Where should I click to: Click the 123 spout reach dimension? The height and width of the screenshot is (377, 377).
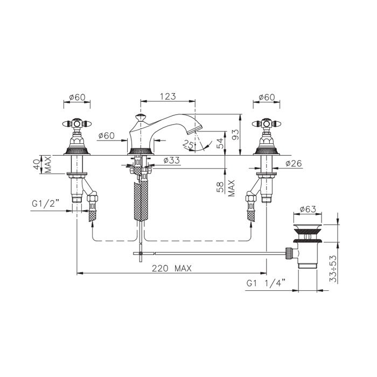point(168,96)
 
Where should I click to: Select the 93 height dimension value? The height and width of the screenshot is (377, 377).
point(236,135)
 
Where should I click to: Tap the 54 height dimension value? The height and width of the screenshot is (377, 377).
point(220,143)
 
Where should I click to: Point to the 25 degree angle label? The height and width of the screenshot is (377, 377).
point(188,145)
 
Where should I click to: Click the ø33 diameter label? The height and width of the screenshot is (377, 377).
point(171,160)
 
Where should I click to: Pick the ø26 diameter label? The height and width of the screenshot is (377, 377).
point(294,164)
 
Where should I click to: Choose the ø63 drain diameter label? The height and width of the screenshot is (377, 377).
point(308,209)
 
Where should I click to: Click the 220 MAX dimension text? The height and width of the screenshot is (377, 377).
point(172,268)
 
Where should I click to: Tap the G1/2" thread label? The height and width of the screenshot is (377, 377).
point(45,204)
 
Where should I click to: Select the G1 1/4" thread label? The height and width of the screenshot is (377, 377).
point(266,283)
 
